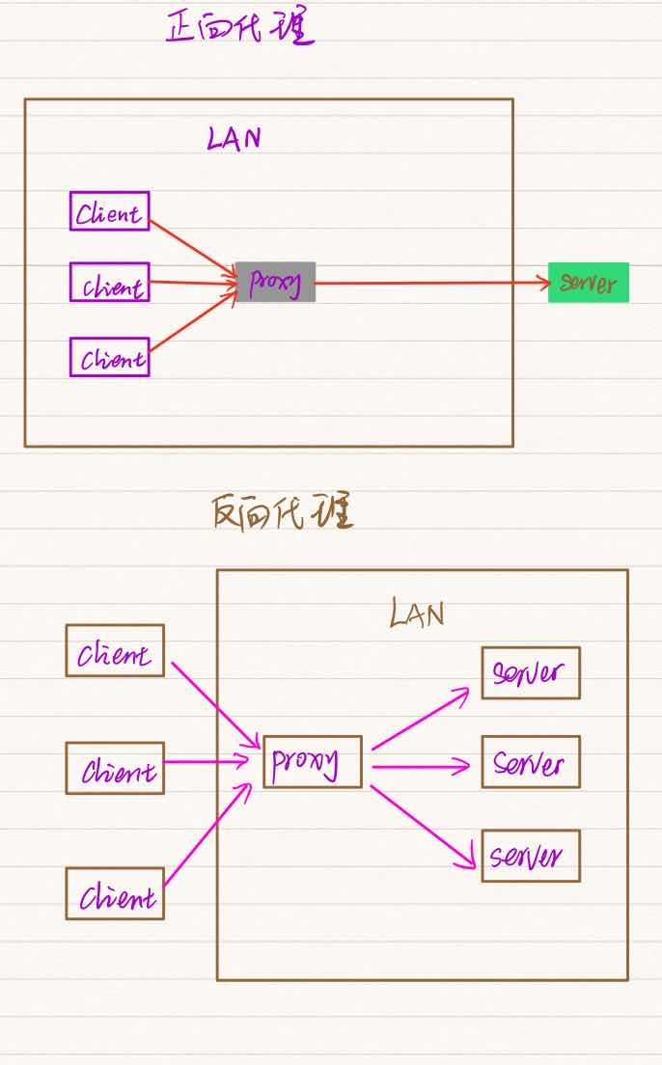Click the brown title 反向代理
[282, 512]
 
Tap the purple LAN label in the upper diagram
[234, 139]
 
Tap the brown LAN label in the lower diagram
[417, 614]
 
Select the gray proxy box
[275, 282]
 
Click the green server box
[588, 283]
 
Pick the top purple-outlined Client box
[110, 211]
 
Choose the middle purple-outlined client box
[110, 282]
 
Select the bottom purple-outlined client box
[110, 357]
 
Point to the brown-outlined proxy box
[313, 762]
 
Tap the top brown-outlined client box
[115, 650]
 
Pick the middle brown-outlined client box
[115, 768]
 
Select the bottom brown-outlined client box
[115, 893]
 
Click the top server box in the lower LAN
[531, 672]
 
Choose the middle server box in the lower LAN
[531, 762]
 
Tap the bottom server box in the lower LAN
[531, 856]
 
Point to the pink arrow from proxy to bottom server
[425, 821]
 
